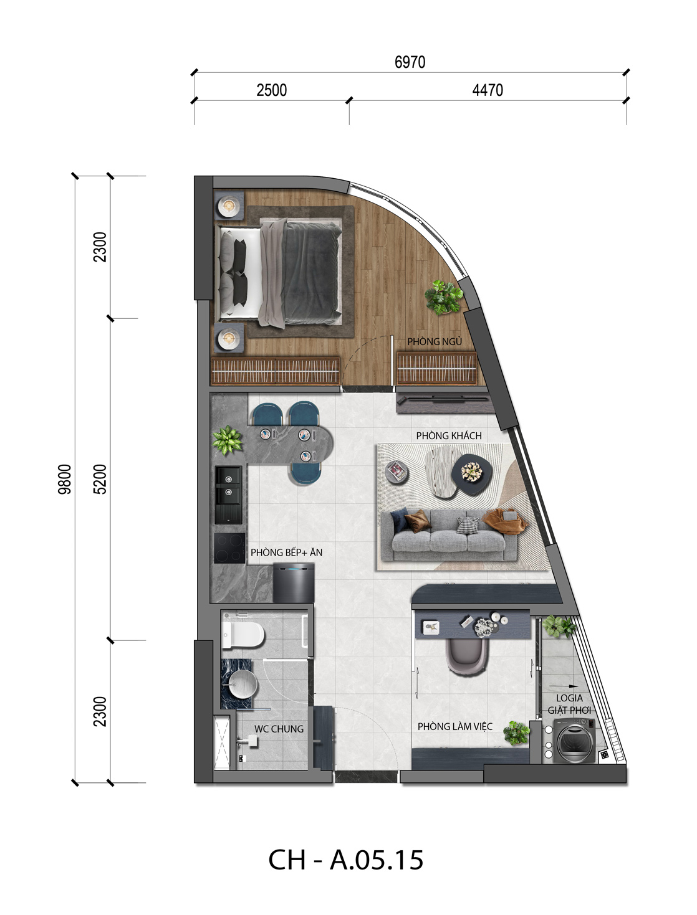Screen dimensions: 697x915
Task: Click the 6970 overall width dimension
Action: (x=410, y=62)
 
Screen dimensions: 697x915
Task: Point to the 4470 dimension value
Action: (x=487, y=90)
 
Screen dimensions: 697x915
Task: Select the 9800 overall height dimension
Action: (x=65, y=479)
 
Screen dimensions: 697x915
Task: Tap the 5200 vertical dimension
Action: (x=100, y=479)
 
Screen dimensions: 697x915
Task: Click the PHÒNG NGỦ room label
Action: (x=434, y=341)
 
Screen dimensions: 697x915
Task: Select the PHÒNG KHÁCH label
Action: (x=449, y=435)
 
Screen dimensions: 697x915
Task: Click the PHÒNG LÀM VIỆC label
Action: (x=454, y=726)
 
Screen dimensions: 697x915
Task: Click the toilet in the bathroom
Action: (x=243, y=635)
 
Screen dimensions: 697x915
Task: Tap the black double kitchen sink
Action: (x=228, y=495)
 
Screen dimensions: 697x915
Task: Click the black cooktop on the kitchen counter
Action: (x=229, y=548)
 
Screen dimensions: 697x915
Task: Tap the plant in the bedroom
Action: (x=443, y=297)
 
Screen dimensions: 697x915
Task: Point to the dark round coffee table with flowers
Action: (x=472, y=474)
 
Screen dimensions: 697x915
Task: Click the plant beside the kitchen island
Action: (x=228, y=440)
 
